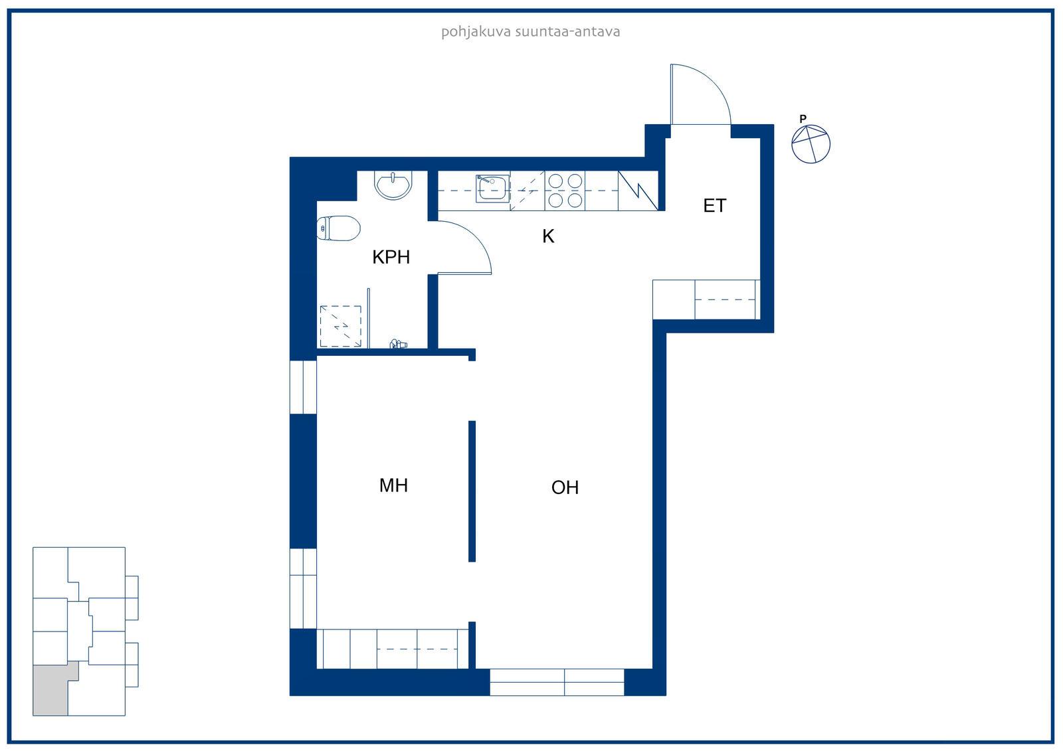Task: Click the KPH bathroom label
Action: (391, 257)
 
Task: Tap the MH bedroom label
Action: (393, 485)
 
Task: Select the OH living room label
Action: (565, 487)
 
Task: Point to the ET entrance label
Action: (714, 205)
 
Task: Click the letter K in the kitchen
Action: (548, 236)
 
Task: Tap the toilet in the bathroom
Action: (338, 228)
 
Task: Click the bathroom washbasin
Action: (393, 185)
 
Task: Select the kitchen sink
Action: (492, 189)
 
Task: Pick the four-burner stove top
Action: (565, 191)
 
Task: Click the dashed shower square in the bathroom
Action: (340, 326)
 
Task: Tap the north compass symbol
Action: (811, 143)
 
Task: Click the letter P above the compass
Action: (803, 119)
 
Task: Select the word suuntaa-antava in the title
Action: (567, 32)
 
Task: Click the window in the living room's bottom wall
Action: (557, 682)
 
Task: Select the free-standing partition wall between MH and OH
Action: (472, 491)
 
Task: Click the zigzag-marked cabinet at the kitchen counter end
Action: (638, 191)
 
